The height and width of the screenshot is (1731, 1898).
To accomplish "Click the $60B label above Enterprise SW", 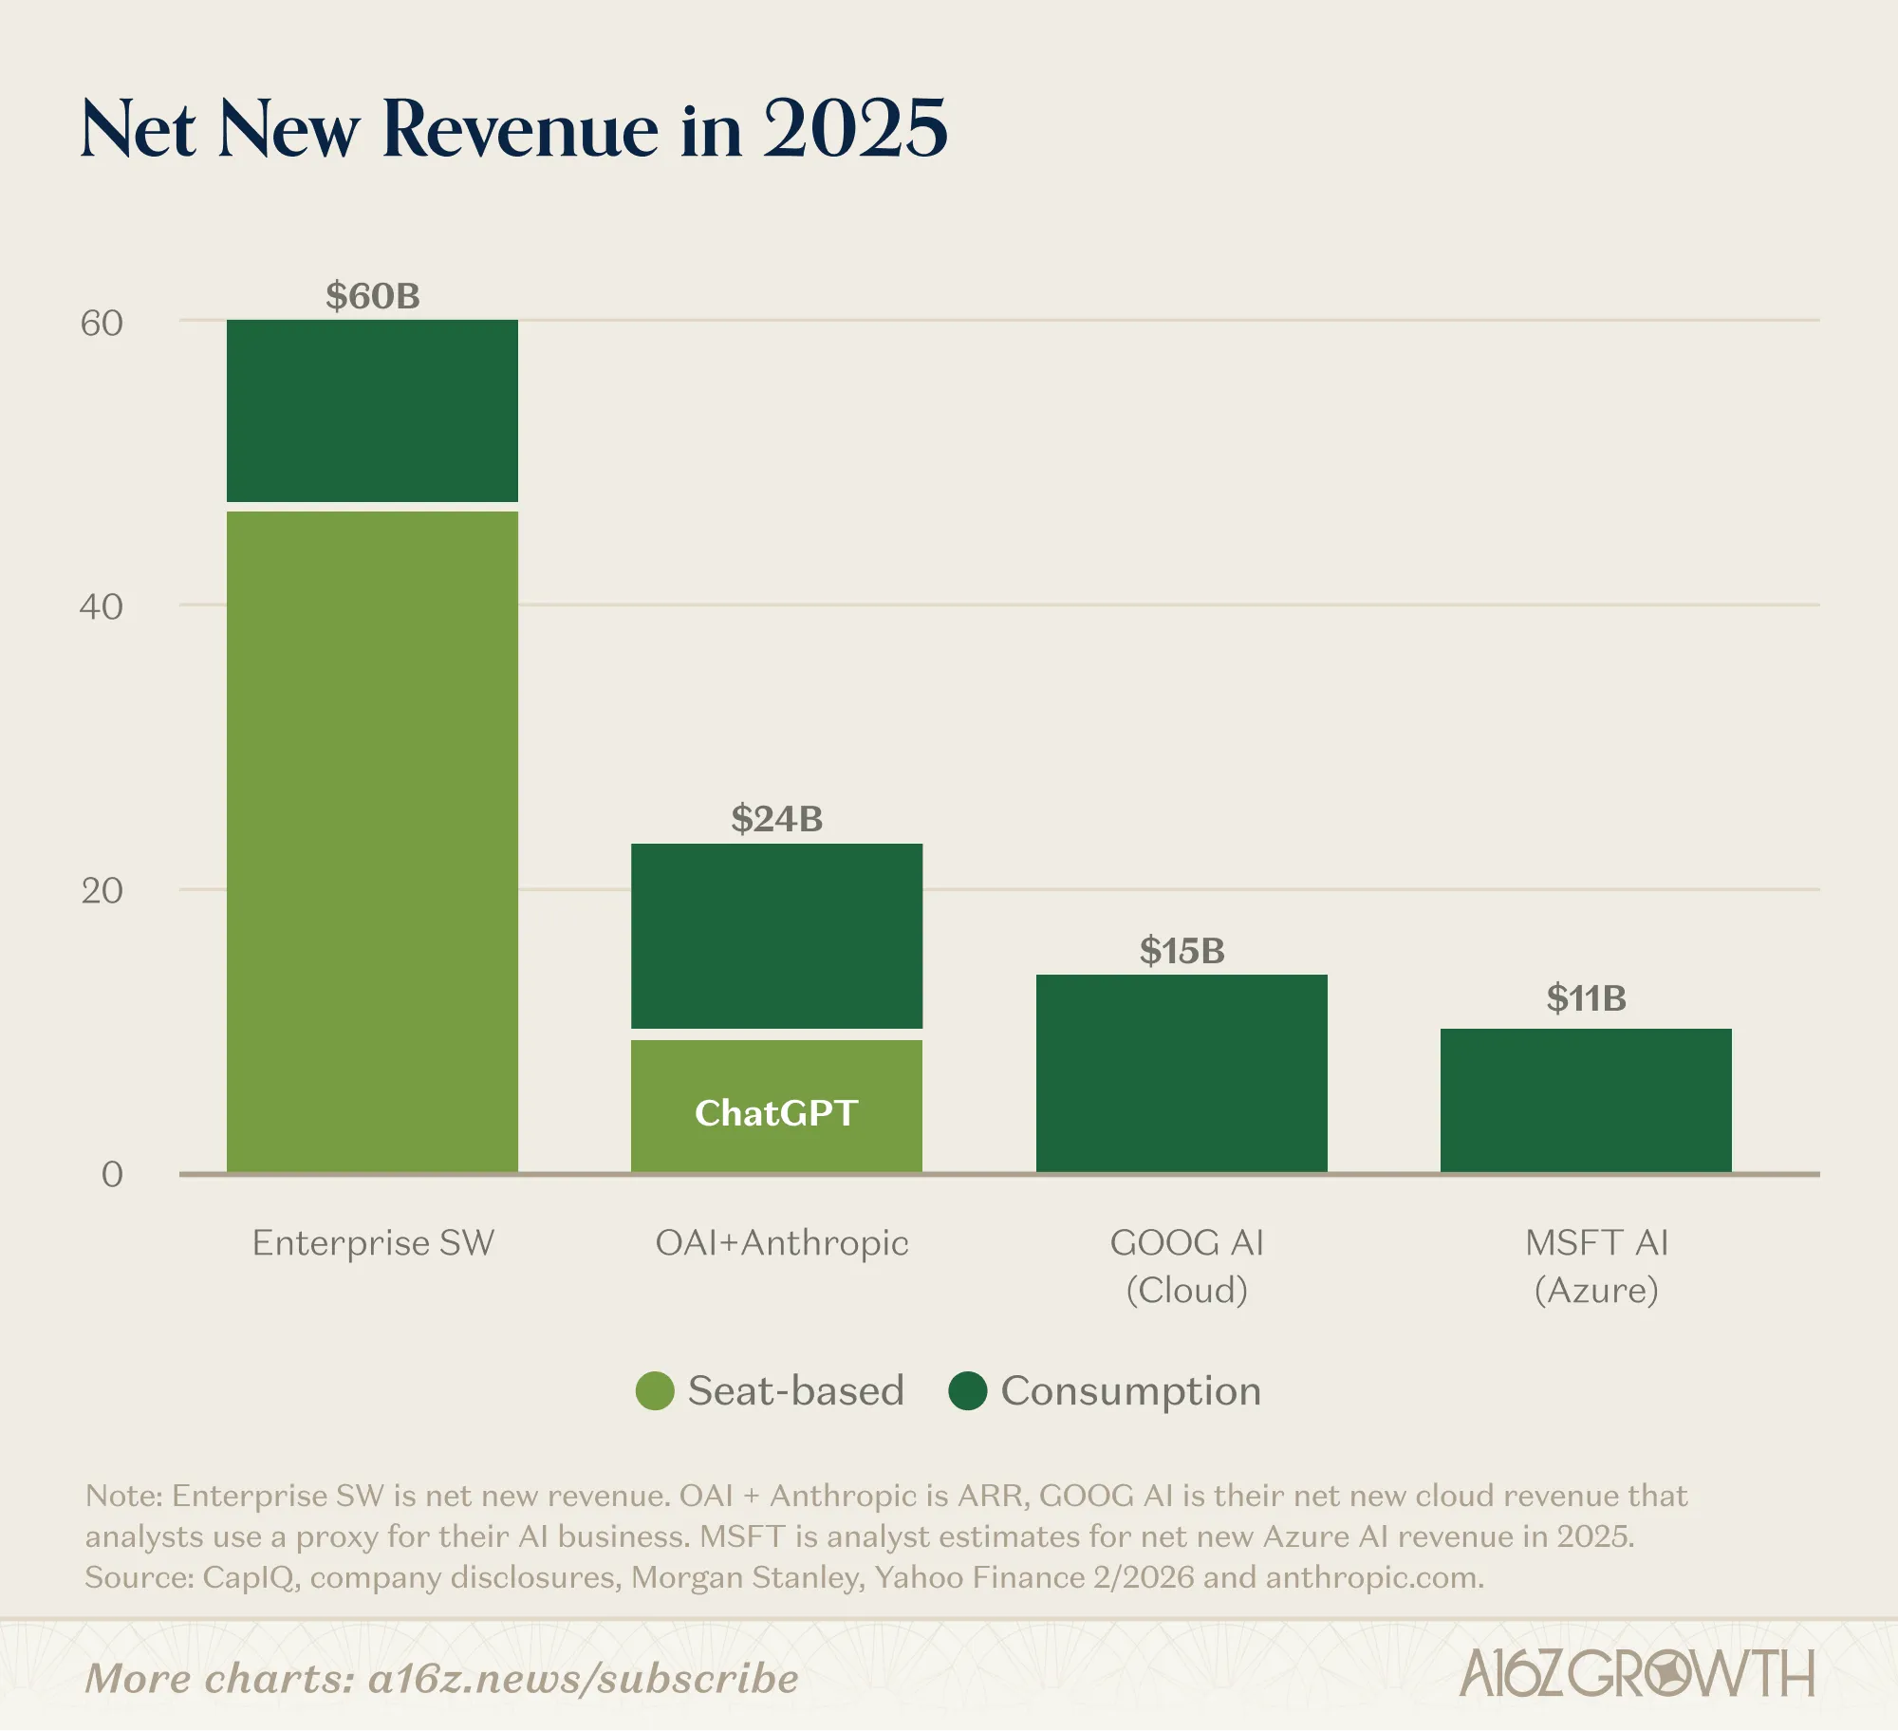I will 372,296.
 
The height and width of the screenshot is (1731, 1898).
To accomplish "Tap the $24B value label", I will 776,819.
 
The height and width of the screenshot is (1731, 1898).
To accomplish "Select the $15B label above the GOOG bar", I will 1182,950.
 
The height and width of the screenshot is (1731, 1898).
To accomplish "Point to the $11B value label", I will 1586,998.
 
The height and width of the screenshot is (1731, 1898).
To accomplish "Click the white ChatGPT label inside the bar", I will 776,1113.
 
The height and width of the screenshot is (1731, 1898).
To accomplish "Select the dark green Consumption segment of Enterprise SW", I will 372,411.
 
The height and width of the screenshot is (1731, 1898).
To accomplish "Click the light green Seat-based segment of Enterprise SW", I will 372,841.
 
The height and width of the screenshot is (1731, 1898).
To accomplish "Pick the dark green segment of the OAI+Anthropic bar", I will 776,936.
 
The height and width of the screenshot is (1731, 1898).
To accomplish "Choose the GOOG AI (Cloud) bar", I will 1182,1073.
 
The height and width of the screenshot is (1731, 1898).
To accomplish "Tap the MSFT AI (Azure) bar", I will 1586,1101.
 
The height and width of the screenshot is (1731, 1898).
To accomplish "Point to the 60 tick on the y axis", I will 102,324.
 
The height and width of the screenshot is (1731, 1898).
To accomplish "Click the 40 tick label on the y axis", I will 102,607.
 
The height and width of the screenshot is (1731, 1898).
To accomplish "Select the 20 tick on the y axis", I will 102,891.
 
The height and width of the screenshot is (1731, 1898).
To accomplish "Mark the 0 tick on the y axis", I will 112,1175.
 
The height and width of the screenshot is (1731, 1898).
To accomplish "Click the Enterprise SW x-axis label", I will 373,1243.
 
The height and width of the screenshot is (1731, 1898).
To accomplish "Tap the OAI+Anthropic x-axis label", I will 782,1243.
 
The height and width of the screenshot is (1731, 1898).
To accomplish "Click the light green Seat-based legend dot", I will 655,1391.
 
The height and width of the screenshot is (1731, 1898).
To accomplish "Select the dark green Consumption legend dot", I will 968,1391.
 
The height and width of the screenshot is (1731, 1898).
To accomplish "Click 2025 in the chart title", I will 855,128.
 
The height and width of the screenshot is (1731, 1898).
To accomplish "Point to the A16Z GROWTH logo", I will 1637,1674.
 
